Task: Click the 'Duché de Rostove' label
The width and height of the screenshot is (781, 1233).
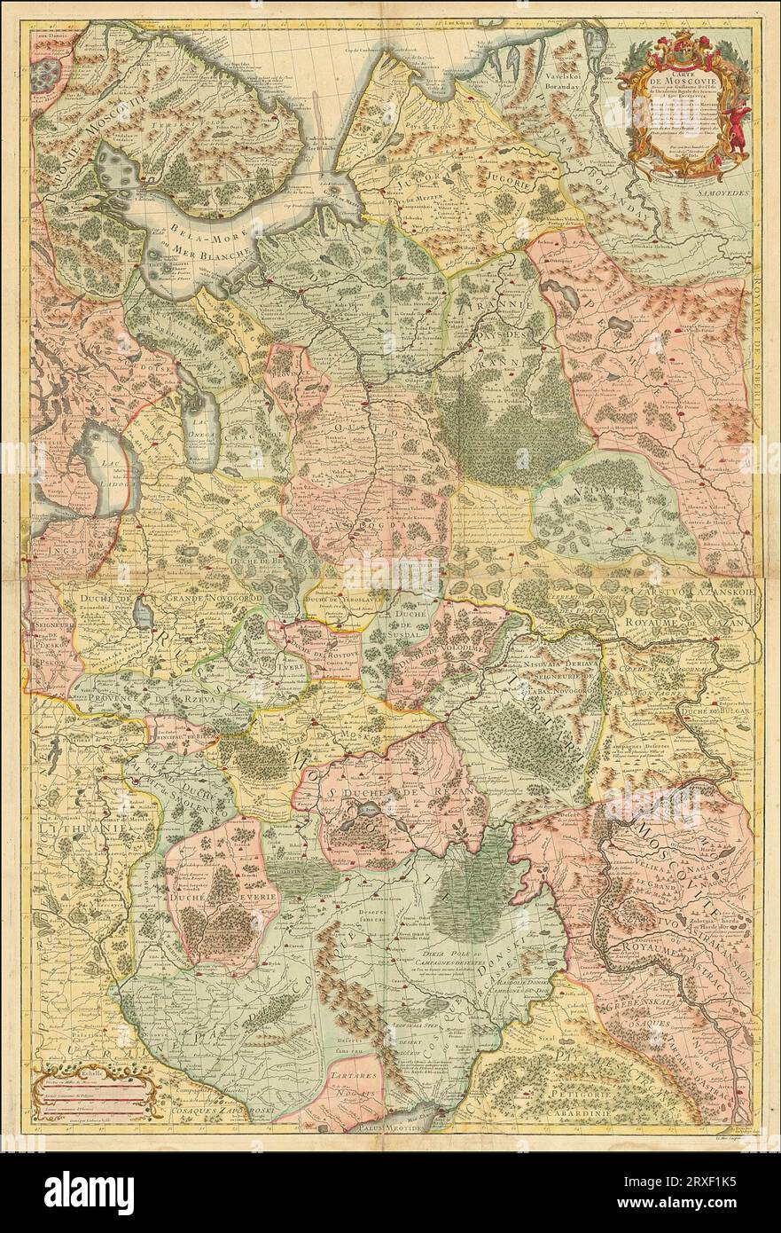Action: click(x=312, y=645)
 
